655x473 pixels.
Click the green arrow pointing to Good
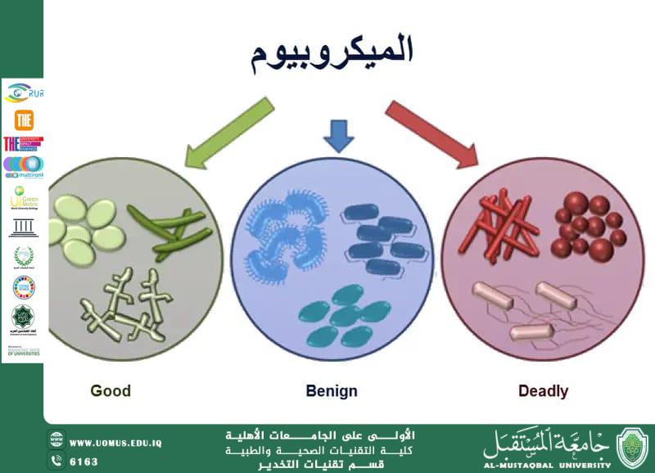pos(228,131)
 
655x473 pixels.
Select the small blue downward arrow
pos(338,135)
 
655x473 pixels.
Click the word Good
pos(111,390)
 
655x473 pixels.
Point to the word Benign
pos(332,390)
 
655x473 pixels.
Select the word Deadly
pos(543,390)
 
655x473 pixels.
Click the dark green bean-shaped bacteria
pos(170,232)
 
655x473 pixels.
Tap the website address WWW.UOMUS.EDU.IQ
pos(115,443)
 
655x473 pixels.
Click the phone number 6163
pos(84,462)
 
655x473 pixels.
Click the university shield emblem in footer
pos(633,448)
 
